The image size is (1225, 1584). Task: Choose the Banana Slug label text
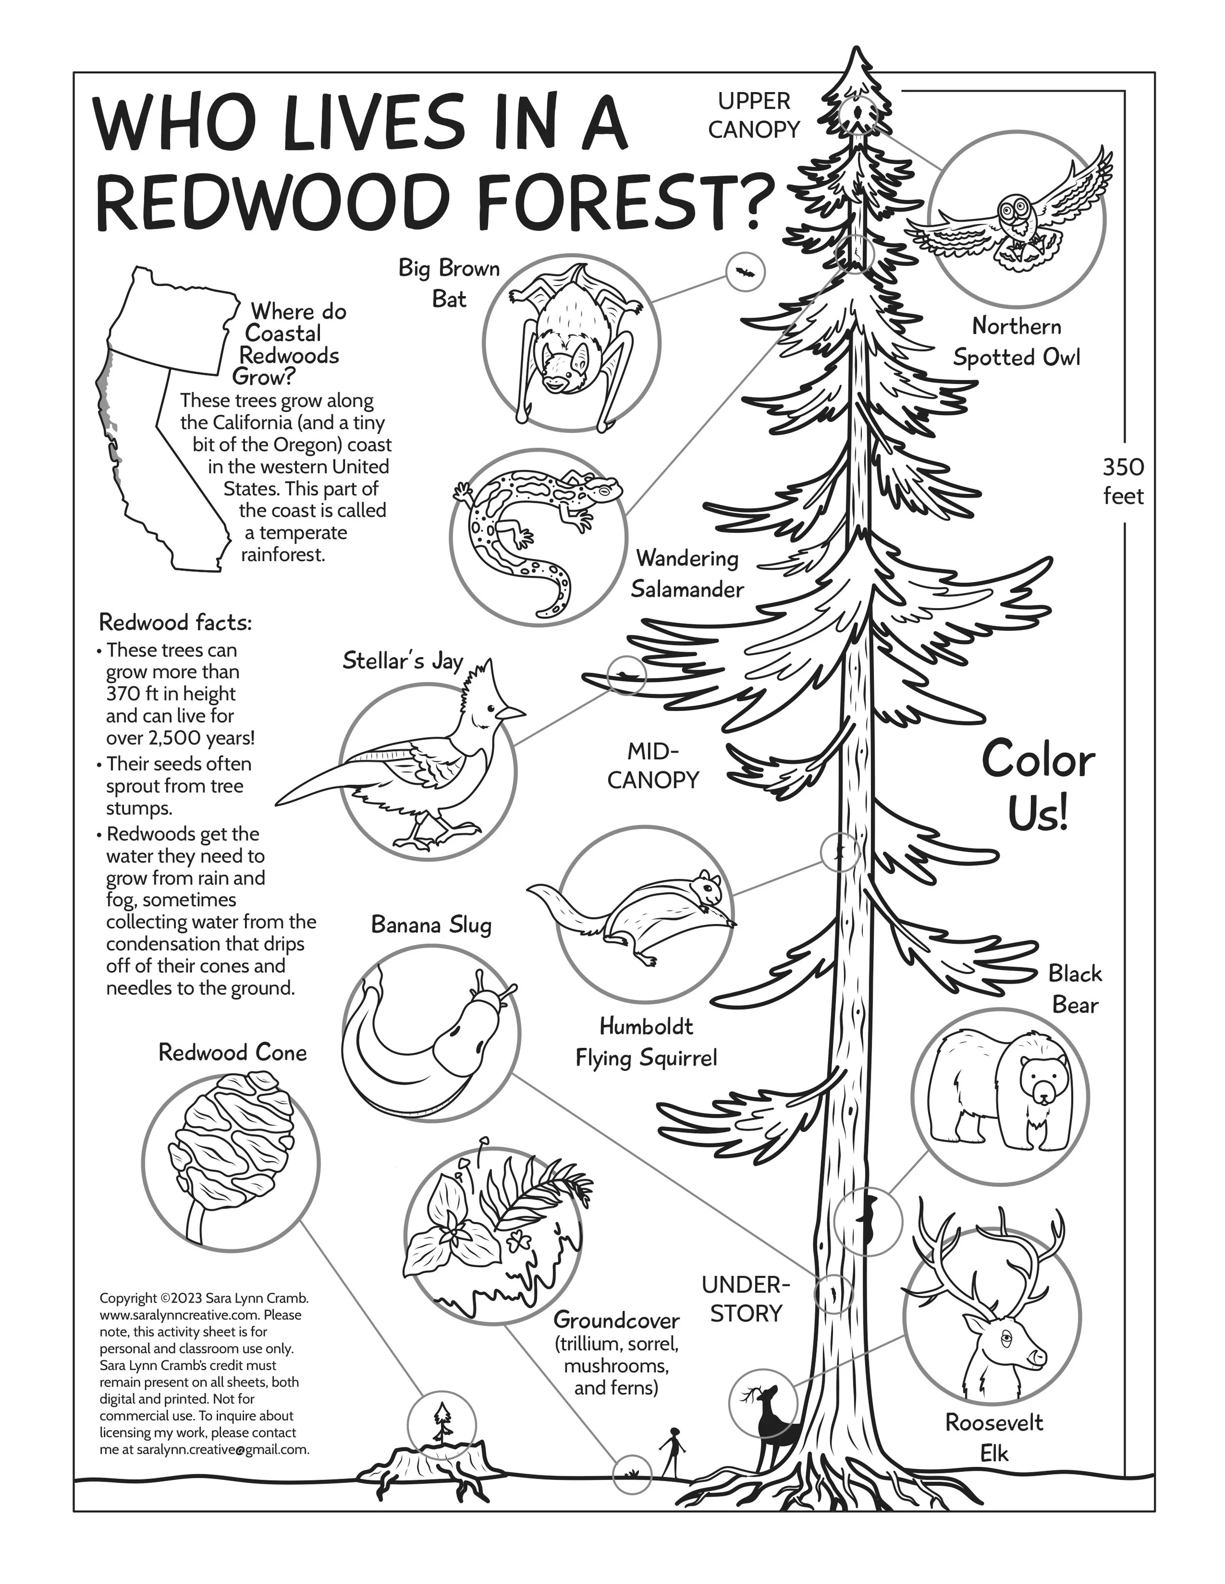pyautogui.click(x=431, y=925)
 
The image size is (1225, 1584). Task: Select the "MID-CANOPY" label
pyautogui.click(x=652, y=765)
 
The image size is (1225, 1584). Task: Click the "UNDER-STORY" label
pyautogui.click(x=745, y=1299)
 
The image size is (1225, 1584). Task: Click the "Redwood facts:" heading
pyautogui.click(x=175, y=622)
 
